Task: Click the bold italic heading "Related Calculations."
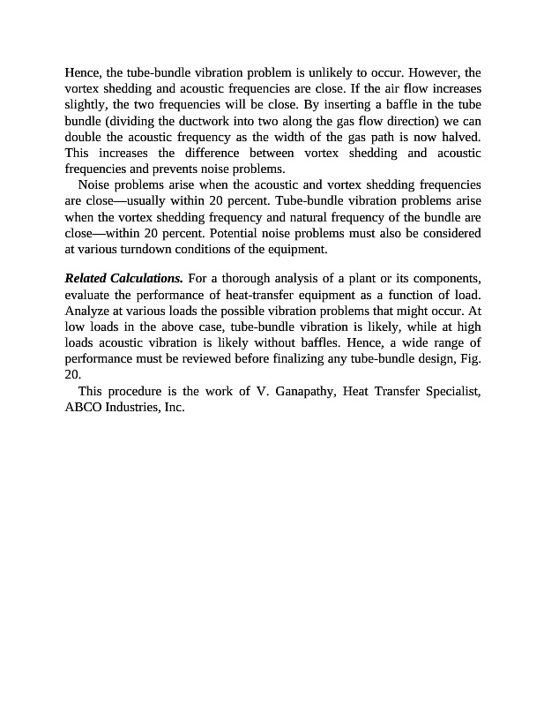[x=124, y=279]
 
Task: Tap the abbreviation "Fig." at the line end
[x=470, y=358]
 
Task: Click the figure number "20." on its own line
[x=73, y=374]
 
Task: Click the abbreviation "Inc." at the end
[x=173, y=408]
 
